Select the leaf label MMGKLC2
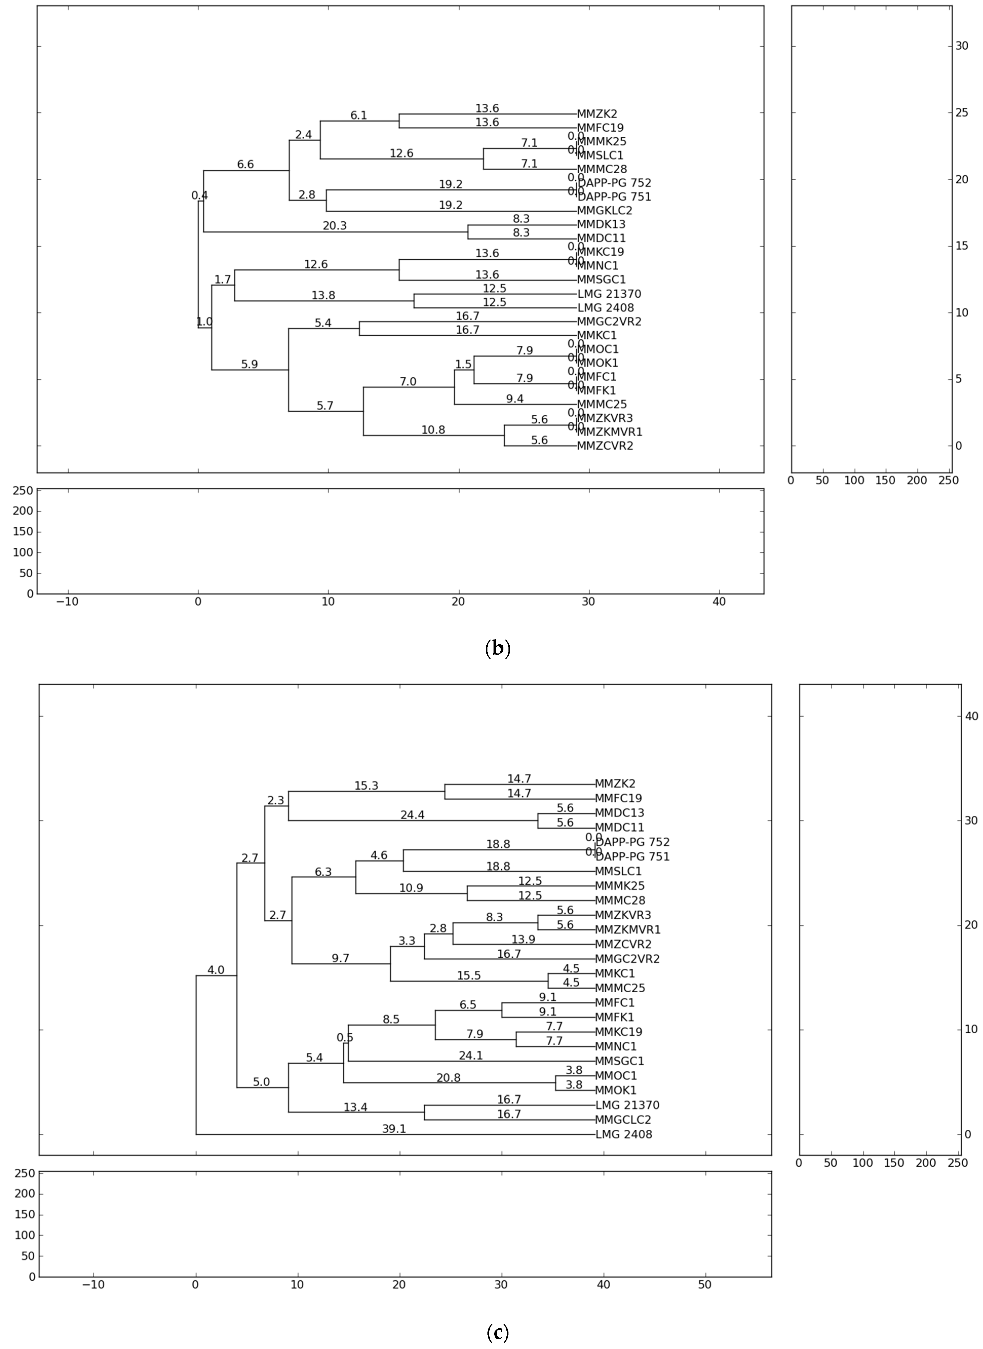click(604, 211)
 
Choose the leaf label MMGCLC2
click(623, 1120)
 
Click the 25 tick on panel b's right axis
click(962, 112)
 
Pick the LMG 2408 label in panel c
click(624, 1134)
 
